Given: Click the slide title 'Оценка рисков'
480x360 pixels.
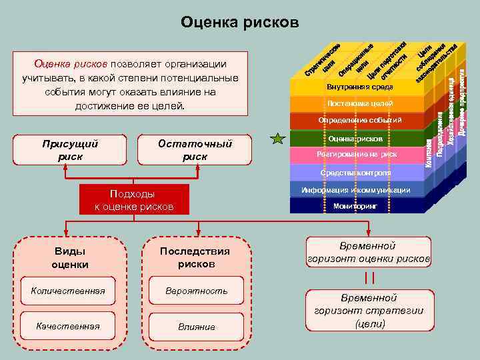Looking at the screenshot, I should pos(240,23).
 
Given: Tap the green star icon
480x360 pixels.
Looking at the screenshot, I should pos(277,139).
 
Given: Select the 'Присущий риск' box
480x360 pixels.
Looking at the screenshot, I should pos(70,150).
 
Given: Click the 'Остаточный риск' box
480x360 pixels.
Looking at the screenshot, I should pos(195,150).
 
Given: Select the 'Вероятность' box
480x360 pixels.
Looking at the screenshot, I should pos(197,291).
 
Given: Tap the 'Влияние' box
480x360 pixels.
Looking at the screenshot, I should pos(197,327).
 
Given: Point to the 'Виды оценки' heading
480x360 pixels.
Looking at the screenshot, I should pos(70,257).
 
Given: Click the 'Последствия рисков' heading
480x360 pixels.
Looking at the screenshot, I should pos(195,257).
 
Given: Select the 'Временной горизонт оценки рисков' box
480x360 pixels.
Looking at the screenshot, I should pos(369,252).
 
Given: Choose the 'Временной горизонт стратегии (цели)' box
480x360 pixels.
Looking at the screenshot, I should pos(369,311).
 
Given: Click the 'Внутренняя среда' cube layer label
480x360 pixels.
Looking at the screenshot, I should pos(360,87).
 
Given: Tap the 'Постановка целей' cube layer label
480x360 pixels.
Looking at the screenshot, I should pos(360,104).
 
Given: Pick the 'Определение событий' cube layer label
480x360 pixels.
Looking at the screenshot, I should pos(360,121).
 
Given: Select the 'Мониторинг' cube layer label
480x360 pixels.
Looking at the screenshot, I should pos(355,207).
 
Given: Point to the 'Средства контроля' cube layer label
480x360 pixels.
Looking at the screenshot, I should pos(355,173).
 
